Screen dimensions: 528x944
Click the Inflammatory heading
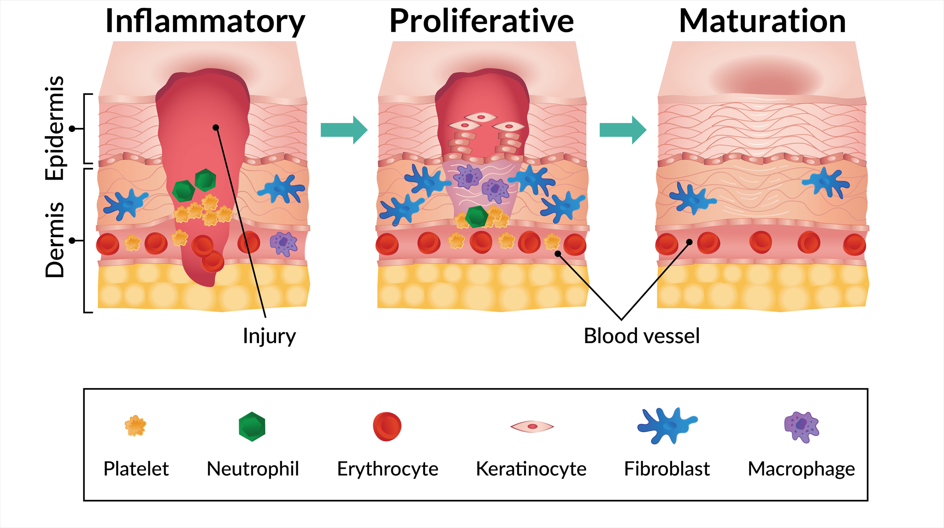(x=205, y=21)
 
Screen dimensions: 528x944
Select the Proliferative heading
(x=482, y=21)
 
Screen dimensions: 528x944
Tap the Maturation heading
(x=762, y=21)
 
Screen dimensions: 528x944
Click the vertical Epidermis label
(x=55, y=128)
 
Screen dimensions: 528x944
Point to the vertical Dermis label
(x=55, y=240)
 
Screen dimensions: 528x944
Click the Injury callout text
(x=269, y=336)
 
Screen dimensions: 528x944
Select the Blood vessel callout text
(x=642, y=336)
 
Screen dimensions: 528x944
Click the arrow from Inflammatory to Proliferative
(x=344, y=130)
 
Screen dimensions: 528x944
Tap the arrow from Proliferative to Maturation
(x=623, y=130)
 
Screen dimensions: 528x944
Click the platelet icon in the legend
(x=136, y=426)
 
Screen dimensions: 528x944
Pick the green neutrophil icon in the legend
(x=252, y=427)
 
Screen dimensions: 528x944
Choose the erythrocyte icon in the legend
(x=387, y=427)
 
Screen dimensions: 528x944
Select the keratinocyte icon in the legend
(x=532, y=427)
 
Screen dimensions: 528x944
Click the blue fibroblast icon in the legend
(x=667, y=426)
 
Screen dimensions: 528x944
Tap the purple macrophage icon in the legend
(x=802, y=427)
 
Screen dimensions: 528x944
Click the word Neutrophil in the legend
(x=253, y=469)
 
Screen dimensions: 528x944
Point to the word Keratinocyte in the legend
(x=531, y=469)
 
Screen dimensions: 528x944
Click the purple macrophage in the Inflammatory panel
(x=283, y=244)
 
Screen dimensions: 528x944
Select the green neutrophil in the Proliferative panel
(x=476, y=217)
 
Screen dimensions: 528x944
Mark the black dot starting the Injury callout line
(x=216, y=128)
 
